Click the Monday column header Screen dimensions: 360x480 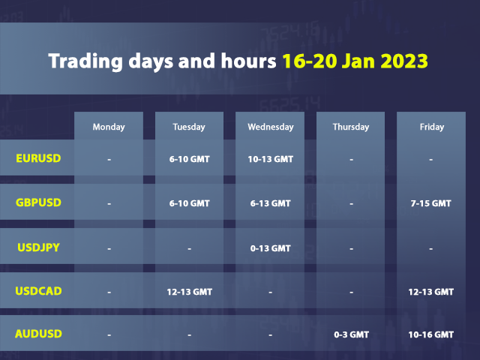(x=109, y=127)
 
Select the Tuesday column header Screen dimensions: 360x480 (x=189, y=127)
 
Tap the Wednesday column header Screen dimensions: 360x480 (x=271, y=127)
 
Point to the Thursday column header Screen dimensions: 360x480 (x=351, y=127)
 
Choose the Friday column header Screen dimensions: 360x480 (x=432, y=127)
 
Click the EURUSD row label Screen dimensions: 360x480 (x=38, y=158)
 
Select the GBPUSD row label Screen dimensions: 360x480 (x=38, y=202)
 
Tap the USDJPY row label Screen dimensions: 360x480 (x=38, y=247)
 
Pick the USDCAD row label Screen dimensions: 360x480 (x=38, y=290)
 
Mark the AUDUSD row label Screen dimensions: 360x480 (x=38, y=334)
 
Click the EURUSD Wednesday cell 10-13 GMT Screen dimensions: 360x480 (x=271, y=159)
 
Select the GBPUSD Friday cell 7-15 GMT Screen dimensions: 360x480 (x=432, y=203)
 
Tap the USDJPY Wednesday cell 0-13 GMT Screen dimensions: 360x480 (x=271, y=247)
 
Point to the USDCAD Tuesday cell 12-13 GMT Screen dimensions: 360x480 (x=189, y=291)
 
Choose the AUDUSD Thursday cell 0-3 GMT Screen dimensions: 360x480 (x=351, y=334)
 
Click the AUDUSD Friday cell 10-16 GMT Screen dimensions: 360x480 (x=432, y=334)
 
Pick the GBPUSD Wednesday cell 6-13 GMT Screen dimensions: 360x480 (x=271, y=203)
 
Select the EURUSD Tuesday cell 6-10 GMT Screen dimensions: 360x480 (x=189, y=159)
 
